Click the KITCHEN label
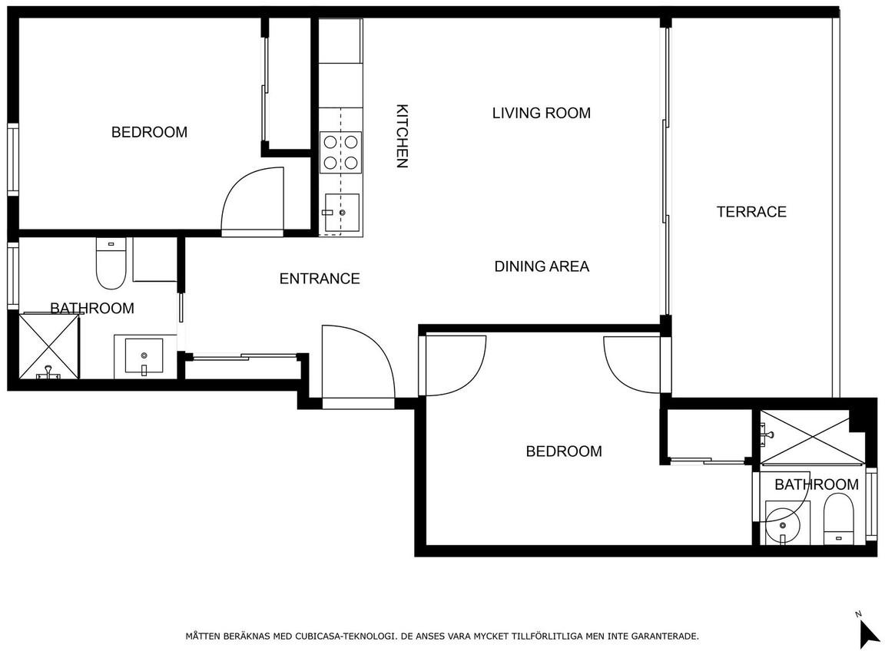(402, 136)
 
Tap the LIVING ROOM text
(542, 113)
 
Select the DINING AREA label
(542, 266)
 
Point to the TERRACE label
(751, 212)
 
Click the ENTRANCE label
(320, 278)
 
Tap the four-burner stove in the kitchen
(341, 152)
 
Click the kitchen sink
(341, 213)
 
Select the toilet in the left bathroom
(111, 263)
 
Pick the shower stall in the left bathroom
(49, 345)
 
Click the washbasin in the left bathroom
(144, 356)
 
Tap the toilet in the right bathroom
(838, 519)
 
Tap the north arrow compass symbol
(868, 633)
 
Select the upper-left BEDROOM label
(149, 132)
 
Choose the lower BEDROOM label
(564, 451)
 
